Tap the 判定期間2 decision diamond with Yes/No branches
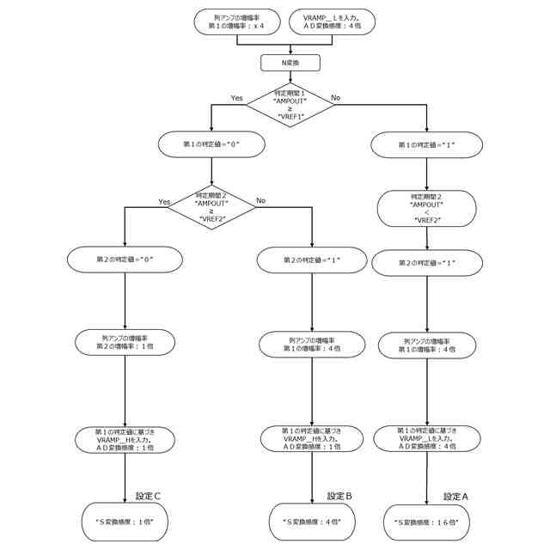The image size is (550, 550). [211, 208]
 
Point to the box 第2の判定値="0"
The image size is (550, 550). [125, 258]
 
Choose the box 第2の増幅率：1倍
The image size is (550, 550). [125, 342]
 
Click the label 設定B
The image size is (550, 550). [340, 496]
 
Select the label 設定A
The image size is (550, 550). [456, 496]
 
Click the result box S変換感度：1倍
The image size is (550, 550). [125, 521]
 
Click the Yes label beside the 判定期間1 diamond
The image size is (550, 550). [237, 98]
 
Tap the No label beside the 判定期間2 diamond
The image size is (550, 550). [260, 200]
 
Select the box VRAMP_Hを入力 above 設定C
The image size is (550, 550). [125, 439]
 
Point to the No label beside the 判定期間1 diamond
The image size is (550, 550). [336, 98]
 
